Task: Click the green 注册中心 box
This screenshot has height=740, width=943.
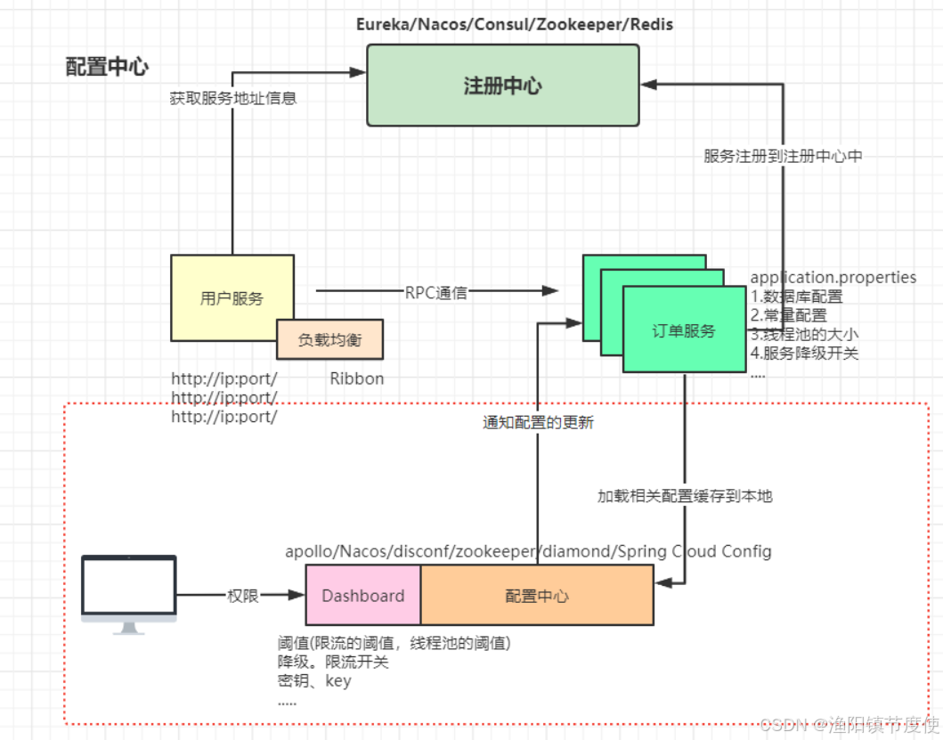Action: point(503,85)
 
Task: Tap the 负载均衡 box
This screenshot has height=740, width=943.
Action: point(329,339)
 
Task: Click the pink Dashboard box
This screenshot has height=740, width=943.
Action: point(363,596)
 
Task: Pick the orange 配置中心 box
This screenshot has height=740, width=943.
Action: point(537,596)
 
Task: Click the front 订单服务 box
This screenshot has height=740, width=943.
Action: point(684,330)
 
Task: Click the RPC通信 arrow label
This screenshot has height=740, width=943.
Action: point(436,292)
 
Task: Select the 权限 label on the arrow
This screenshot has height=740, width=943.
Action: point(243,596)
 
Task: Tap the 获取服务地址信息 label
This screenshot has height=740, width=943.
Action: point(233,98)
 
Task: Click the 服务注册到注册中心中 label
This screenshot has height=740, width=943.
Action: point(783,156)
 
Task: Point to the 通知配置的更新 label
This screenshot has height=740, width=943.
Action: point(538,423)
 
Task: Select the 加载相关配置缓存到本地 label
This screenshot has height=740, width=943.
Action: point(684,496)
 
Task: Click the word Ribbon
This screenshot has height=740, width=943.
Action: point(357,378)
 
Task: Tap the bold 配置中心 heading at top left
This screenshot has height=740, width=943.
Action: point(107,67)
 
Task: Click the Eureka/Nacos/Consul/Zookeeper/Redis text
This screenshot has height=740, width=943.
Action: point(515,24)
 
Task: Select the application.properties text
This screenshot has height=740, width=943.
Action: point(833,278)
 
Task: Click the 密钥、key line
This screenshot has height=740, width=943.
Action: point(314,681)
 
